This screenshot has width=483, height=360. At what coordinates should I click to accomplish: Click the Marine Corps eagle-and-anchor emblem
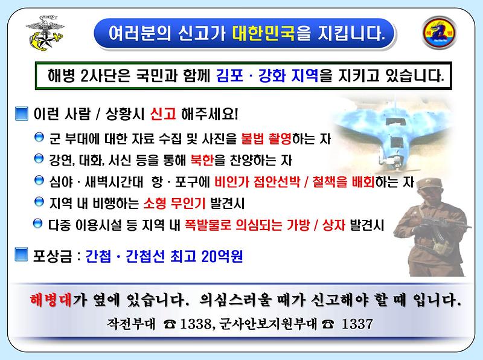point(43,32)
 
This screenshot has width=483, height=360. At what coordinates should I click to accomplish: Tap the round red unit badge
point(439,31)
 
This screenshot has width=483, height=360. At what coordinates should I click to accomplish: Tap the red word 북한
point(201,160)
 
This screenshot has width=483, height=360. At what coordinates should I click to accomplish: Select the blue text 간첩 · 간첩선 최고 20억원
point(164,256)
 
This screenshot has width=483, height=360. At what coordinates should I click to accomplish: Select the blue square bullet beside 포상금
point(21,256)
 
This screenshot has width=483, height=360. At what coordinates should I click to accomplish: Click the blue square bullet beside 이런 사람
point(21,113)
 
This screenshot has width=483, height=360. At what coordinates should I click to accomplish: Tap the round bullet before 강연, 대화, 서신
point(39,159)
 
